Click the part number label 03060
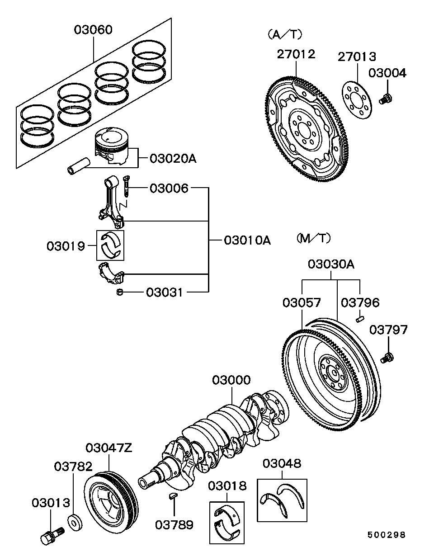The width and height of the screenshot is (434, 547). (x=94, y=30)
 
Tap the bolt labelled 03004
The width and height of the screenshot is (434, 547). (x=386, y=98)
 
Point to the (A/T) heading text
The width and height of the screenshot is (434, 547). (x=284, y=34)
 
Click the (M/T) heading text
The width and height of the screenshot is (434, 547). (x=314, y=238)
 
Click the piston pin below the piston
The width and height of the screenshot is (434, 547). (x=79, y=166)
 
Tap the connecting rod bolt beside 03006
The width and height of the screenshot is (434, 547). (x=126, y=186)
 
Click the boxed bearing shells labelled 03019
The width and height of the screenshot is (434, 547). (x=111, y=245)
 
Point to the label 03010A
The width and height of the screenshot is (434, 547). (x=247, y=240)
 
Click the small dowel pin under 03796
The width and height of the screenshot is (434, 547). (x=360, y=319)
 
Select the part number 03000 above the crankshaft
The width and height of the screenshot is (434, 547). (x=231, y=380)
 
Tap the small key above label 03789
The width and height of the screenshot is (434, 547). (x=173, y=497)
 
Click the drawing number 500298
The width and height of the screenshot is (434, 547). (x=386, y=534)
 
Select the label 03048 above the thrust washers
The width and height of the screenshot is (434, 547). (x=282, y=463)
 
